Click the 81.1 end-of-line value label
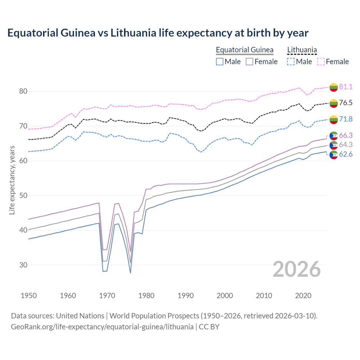click(x=346, y=87)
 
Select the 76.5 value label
click(x=346, y=103)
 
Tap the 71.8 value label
click(x=346, y=119)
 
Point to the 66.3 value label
click(x=346, y=135)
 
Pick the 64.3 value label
click(x=346, y=145)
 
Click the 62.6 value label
click(x=346, y=154)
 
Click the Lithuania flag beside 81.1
click(x=334, y=87)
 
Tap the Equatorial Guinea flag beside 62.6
click(x=334, y=155)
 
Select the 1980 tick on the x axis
click(x=147, y=296)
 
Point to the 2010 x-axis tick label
click(x=264, y=296)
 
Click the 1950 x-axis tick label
click(x=29, y=296)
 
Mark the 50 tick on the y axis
click(x=23, y=195)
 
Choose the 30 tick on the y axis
click(x=23, y=265)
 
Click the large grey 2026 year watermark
click(x=296, y=269)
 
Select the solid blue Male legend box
click(x=220, y=62)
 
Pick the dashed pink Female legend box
click(x=321, y=62)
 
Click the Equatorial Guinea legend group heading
click(x=244, y=50)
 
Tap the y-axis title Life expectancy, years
click(x=12, y=180)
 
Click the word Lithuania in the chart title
click(x=133, y=33)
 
